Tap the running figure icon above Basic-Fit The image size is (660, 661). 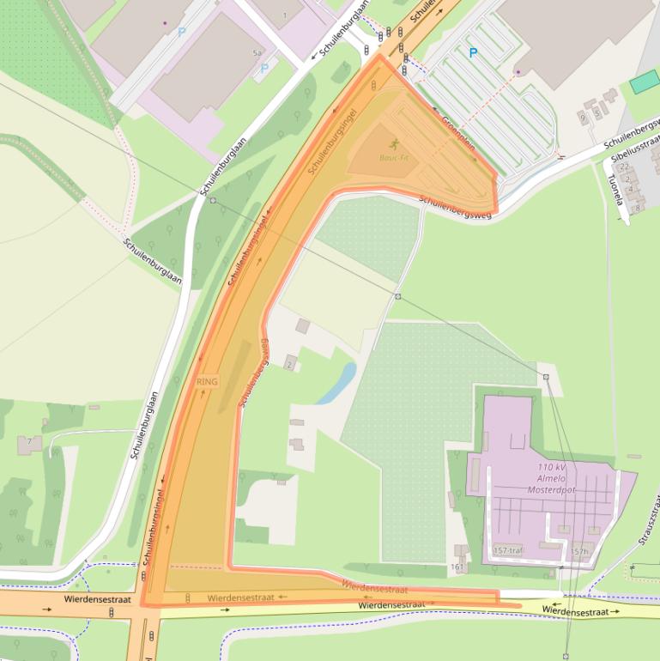[394, 143]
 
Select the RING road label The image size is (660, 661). [207, 380]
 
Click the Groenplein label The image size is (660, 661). [457, 134]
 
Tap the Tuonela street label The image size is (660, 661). [615, 190]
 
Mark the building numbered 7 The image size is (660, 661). [29, 442]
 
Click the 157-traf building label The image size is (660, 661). [508, 550]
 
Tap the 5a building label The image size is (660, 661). [256, 53]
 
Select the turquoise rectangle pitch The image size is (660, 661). [644, 82]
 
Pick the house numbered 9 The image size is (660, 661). [584, 115]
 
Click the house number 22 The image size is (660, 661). [625, 167]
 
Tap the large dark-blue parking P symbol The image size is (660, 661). [472, 53]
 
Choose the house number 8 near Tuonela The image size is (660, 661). [638, 207]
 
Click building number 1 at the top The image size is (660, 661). [285, 15]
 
